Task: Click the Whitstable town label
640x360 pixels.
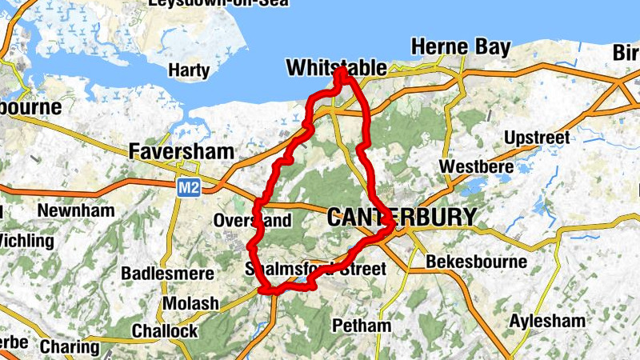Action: [x=336, y=69]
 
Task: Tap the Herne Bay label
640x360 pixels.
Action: [x=459, y=47]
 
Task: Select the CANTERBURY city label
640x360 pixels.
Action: [x=402, y=217]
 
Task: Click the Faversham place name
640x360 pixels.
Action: [x=182, y=151]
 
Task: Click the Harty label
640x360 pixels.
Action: [x=189, y=71]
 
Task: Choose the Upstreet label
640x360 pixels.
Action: [x=537, y=138]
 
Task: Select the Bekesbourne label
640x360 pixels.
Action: [x=476, y=262]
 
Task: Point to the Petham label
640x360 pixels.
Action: [x=361, y=326]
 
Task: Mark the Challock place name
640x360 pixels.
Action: [x=164, y=331]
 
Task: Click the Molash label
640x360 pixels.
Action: [x=190, y=304]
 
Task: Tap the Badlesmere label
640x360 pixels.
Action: [x=167, y=274]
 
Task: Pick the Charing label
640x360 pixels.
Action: [x=70, y=348]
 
